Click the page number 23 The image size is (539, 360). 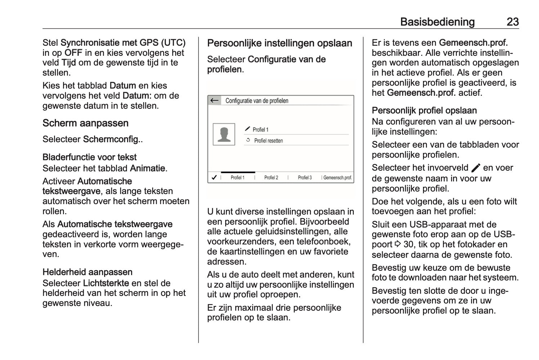pos(512,22)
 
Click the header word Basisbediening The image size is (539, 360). pos(437,22)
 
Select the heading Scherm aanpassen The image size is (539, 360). pos(85,123)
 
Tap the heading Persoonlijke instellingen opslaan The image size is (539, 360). pos(280,43)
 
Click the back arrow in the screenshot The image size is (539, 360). pos(215,100)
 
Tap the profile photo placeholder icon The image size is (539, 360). pos(224,134)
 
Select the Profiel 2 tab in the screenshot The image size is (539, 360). pos(271,177)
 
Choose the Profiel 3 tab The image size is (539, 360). pos(305,177)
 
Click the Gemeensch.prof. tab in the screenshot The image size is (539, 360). pos(338,177)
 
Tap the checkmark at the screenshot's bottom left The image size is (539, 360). pos(214,177)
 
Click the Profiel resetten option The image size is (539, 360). pos(268,141)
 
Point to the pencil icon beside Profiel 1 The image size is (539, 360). pos(248,129)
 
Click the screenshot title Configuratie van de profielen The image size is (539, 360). pos(257,101)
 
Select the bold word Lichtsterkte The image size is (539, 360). pos(106,283)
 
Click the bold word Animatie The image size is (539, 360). pos(147,168)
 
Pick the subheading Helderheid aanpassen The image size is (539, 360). pos(88,272)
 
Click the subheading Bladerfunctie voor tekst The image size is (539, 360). pos(89,157)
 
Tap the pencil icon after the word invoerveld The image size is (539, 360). pos(476,168)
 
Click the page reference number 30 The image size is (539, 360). pos(409,245)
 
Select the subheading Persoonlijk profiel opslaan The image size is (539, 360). pos(424,111)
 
